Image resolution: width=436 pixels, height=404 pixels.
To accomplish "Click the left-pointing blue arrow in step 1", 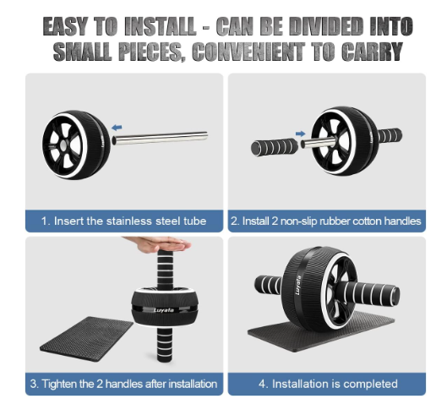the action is tap(117, 128).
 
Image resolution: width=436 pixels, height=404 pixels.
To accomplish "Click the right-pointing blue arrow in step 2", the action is tap(301, 134).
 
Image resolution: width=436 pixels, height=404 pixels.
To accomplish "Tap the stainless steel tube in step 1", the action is tap(160, 138).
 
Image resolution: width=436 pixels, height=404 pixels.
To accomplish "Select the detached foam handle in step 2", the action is tap(275, 146).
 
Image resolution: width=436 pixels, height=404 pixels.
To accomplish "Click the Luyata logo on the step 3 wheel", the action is tap(164, 310).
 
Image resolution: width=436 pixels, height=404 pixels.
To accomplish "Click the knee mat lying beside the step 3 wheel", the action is tap(87, 339).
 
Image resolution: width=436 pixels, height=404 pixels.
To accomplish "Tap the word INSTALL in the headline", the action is tap(161, 26).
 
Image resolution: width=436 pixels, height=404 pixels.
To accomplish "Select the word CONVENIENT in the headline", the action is tap(248, 52).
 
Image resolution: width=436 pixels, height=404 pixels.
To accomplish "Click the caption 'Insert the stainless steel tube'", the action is tap(130, 221).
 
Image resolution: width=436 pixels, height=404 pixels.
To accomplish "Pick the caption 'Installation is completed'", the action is tap(335, 384).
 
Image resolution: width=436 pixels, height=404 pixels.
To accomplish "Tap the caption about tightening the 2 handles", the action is tap(123, 384).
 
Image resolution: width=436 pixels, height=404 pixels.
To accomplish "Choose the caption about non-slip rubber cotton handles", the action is tap(326, 221).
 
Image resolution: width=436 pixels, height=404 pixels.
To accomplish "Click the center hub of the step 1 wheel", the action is tap(63, 145).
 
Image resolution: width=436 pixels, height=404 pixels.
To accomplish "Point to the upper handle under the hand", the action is tap(165, 270).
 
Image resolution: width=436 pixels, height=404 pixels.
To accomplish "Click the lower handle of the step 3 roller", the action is tap(165, 344).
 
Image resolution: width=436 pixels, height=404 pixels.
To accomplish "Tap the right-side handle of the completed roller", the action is tap(370, 295).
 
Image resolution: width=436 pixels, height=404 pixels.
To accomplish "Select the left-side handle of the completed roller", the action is tap(268, 286).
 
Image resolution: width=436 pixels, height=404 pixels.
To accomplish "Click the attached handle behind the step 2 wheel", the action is tap(390, 135).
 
